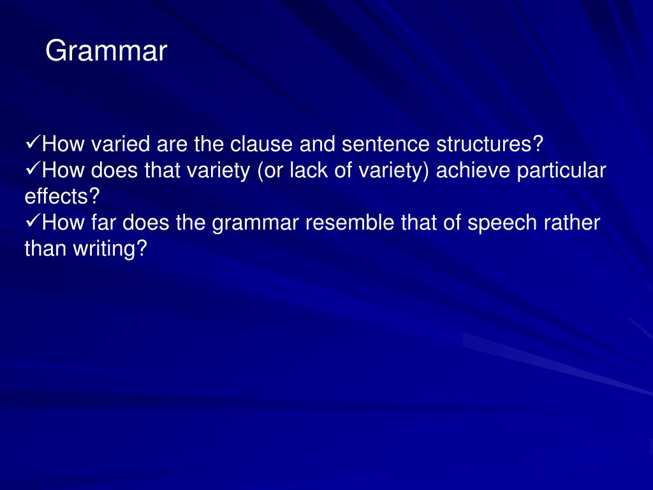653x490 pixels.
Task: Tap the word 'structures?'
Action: point(489,145)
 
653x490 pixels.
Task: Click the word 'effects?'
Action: point(63,197)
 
